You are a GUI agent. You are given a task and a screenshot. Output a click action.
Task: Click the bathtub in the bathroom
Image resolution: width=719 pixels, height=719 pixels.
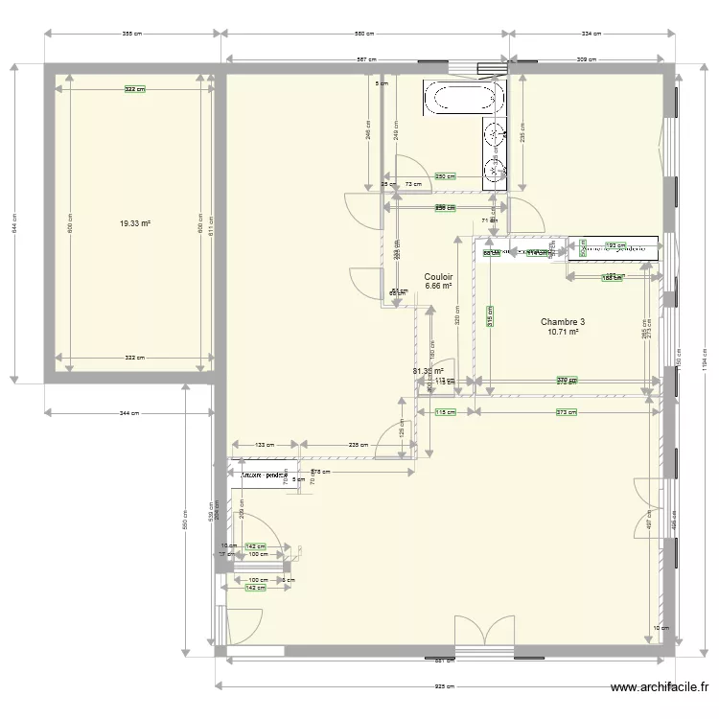465,98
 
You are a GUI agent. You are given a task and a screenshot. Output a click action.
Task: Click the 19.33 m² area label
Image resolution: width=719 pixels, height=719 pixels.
135,223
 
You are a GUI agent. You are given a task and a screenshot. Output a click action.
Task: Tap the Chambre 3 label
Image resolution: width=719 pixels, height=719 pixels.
562,322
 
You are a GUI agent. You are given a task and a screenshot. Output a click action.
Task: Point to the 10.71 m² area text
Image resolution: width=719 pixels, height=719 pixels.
562,333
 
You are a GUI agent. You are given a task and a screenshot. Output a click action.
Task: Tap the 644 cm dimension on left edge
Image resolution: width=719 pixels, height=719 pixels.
13,223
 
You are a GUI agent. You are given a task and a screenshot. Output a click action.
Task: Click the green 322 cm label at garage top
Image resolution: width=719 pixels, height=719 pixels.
135,89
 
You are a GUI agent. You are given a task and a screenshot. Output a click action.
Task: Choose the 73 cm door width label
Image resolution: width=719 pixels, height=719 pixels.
414,184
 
